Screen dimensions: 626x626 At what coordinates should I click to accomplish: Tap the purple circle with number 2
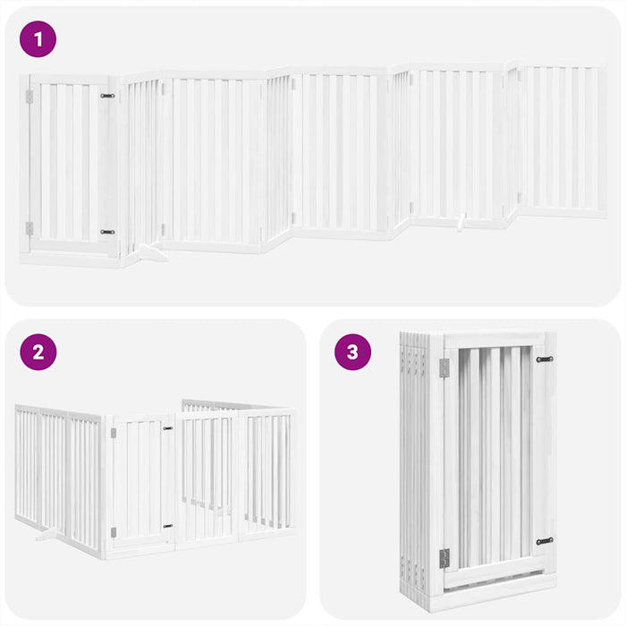[38, 351]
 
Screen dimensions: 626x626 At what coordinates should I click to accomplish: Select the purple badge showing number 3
[352, 351]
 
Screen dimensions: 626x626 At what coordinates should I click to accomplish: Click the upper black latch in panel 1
[107, 95]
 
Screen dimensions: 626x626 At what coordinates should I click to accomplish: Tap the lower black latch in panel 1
[107, 232]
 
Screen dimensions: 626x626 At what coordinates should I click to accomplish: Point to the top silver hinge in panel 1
[30, 97]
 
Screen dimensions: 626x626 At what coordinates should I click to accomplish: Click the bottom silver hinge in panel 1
[30, 229]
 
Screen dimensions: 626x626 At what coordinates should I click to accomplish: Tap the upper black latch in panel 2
[167, 428]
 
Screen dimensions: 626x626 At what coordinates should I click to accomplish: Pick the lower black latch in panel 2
[167, 526]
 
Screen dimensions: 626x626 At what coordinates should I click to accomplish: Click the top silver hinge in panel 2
[113, 433]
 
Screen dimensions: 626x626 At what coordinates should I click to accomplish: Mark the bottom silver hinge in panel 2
[113, 533]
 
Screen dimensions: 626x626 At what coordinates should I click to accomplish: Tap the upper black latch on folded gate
[544, 360]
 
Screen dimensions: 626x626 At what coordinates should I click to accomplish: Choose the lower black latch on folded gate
[544, 541]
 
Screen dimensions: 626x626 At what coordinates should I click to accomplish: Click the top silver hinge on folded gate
[444, 368]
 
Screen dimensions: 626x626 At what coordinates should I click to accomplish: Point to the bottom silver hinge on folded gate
[444, 558]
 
